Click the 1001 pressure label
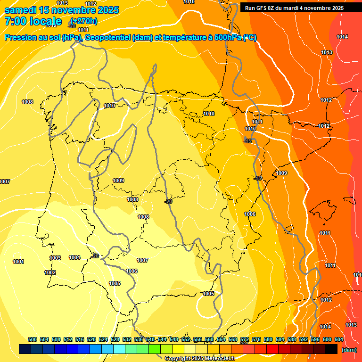18,262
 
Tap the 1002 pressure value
50,272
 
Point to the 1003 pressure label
56,258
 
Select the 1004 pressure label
74,257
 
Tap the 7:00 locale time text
33,21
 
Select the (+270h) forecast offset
83,21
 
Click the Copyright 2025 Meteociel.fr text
200,359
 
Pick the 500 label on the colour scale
33,339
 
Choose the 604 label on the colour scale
338,339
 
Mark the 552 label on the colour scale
186,339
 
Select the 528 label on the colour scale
115,339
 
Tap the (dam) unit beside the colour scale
349,350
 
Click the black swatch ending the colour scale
331,349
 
